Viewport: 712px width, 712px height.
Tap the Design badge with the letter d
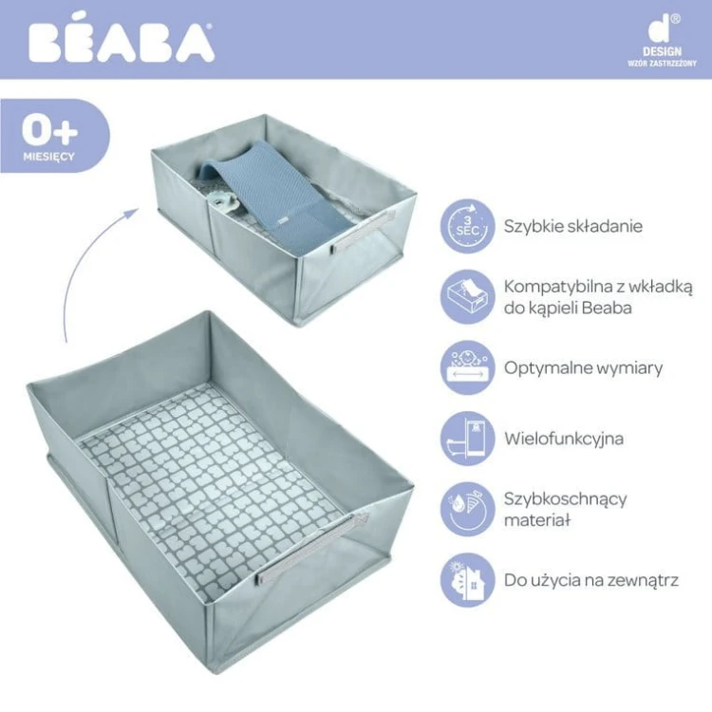[x=662, y=41]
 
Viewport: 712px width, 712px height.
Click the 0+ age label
[x=50, y=130]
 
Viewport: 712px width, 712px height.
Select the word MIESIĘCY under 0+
[x=49, y=157]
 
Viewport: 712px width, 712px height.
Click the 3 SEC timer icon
[x=467, y=226]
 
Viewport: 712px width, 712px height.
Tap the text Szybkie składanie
[x=573, y=226]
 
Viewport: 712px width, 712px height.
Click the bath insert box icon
[x=467, y=296]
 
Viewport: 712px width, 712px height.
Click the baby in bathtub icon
[x=467, y=367]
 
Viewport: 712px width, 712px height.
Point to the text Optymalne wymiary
[x=584, y=367]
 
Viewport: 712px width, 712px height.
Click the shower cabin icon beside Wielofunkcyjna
[x=467, y=439]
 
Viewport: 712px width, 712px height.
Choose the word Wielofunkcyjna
[x=564, y=439]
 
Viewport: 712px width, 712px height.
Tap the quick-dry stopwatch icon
[x=467, y=509]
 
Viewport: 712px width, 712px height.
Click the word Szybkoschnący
[x=566, y=499]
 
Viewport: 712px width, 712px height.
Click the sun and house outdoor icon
[x=467, y=580]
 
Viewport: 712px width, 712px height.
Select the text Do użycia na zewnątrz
[x=591, y=580]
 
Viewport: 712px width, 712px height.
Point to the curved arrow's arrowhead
[x=132, y=213]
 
